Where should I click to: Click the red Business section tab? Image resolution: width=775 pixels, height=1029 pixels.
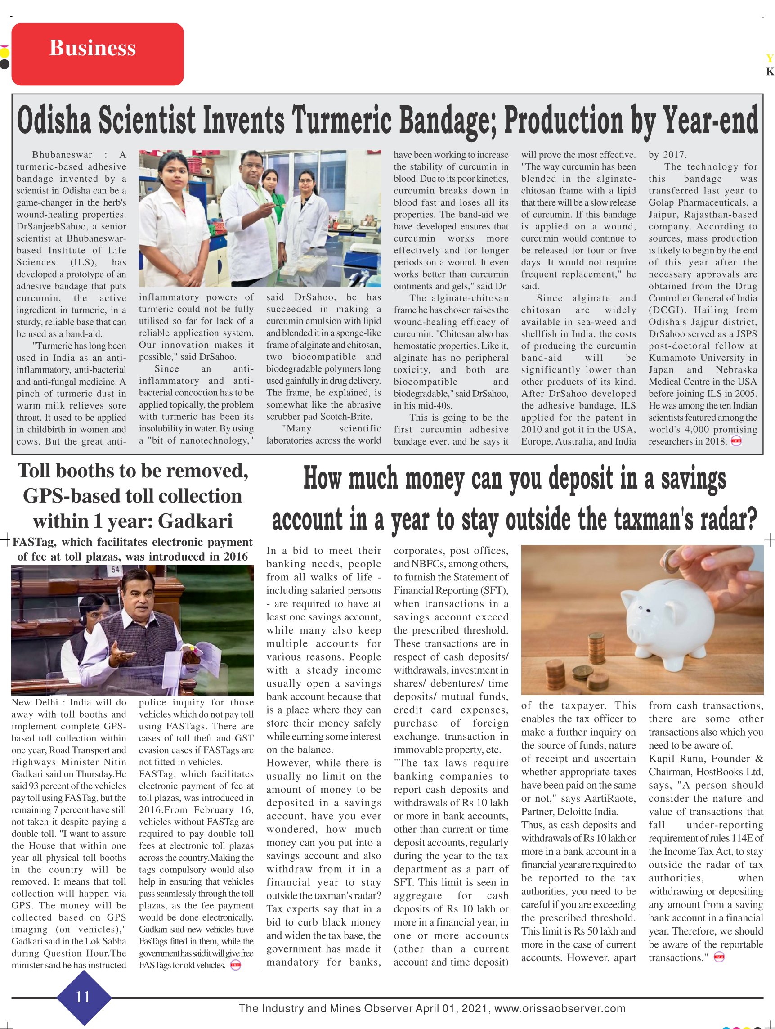pyautogui.click(x=97, y=54)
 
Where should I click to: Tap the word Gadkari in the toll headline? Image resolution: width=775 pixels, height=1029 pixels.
pyautogui.click(x=195, y=521)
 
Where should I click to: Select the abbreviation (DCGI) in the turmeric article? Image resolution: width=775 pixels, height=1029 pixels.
pyautogui.click(x=663, y=310)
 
